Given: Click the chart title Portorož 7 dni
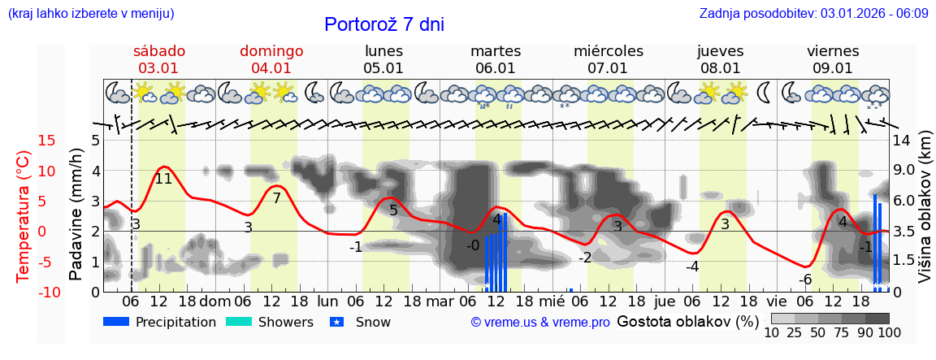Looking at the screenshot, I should (x=384, y=24).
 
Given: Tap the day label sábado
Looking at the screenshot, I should (x=159, y=51).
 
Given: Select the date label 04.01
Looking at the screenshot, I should (x=271, y=68).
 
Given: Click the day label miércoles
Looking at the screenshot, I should (x=608, y=51).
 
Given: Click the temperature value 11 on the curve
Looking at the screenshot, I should (x=163, y=179).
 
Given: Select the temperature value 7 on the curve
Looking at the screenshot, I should (x=276, y=198).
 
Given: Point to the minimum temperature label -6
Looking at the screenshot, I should (x=804, y=280).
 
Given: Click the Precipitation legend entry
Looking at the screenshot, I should (x=160, y=322).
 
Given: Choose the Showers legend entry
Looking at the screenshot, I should (x=269, y=322).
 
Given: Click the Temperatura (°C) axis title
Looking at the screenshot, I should (x=24, y=216).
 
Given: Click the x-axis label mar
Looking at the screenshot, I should (x=440, y=301).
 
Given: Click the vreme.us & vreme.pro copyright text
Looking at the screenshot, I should (x=540, y=323).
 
